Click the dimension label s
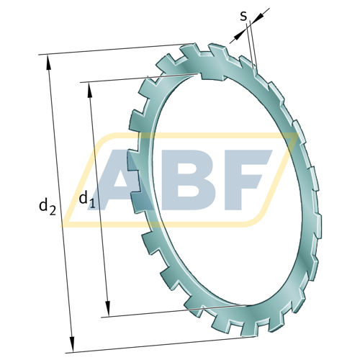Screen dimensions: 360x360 pos(243,16)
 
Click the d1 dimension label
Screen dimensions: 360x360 pos(87,199)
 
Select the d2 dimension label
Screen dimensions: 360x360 pos(48,206)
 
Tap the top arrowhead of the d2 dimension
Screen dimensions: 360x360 pos(49,63)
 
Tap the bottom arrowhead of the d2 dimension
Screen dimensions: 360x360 pos(72,344)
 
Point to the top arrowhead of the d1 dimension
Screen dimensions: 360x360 pos(90,90)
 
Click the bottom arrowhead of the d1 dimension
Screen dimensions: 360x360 pos(108,309)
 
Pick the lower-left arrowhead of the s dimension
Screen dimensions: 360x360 pos(240,36)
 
